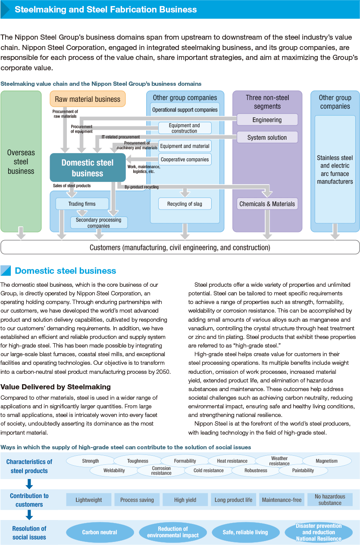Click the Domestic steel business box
pos(88,168)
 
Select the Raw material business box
pos(88,99)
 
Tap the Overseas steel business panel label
pos(21,162)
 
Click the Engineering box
pos(267,120)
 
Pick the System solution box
pos(267,138)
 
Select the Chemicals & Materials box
pos(267,204)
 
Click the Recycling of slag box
pos(185,204)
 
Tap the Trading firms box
pos(82,204)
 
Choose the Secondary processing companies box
pos(99,222)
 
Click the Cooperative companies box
pos(185,160)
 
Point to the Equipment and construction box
pos(185,128)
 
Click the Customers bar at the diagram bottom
pos(180,247)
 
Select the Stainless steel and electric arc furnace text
pos(335,169)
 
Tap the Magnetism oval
pos(326,461)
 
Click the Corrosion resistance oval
pos(161,470)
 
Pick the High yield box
pos(185,500)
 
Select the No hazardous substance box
pos(330,500)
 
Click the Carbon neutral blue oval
pos(100,532)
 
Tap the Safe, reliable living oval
pos(246,532)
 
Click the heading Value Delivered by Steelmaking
pos(56,387)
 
